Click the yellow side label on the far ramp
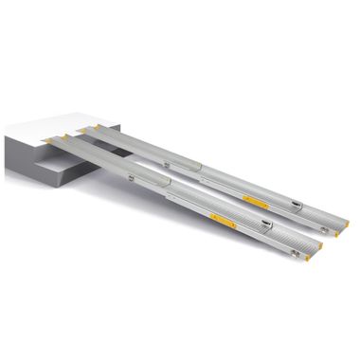point(255,200)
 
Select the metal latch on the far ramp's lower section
point(297,203)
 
